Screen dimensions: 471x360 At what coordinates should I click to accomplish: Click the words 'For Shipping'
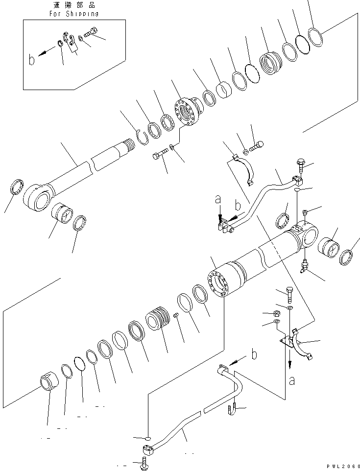click(74, 14)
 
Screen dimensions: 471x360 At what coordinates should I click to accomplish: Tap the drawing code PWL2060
click(341, 466)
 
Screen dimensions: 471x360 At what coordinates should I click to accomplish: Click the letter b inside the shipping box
click(32, 60)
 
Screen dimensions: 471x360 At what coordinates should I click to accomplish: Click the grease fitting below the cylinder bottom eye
click(304, 266)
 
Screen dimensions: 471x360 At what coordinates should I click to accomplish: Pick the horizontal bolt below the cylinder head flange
click(158, 156)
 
